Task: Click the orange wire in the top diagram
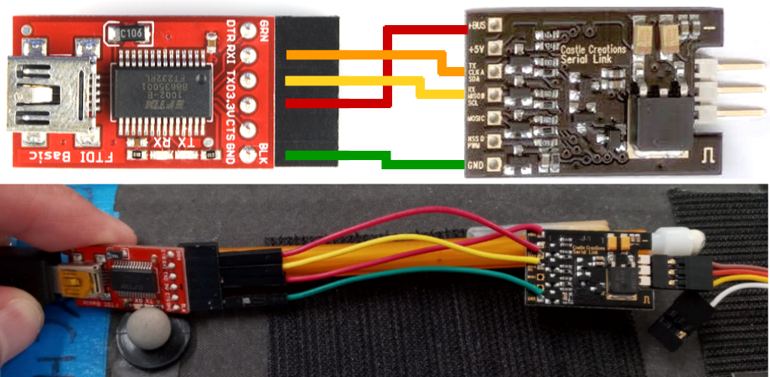[x=369, y=57]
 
